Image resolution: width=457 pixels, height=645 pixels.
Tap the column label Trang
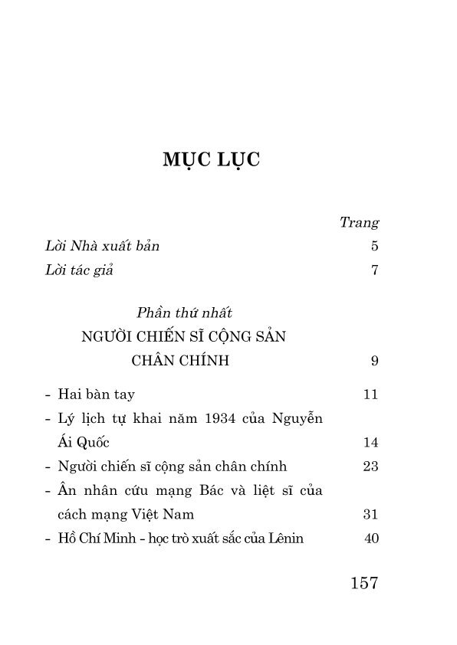pos(359,223)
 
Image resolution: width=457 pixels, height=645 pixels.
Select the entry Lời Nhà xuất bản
pos(102,247)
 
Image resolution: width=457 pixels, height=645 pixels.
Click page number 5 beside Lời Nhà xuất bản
pos(375,247)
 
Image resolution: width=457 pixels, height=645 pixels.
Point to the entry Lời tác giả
pos(79,270)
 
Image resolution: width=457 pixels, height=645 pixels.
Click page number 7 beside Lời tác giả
pos(375,270)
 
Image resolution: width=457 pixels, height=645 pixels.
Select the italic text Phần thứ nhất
pos(184,313)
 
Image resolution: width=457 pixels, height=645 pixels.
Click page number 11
pos(371,395)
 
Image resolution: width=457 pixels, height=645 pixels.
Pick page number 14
pos(371,443)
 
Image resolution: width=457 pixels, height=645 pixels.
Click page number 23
pos(371,467)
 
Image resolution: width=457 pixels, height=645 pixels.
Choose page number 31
pos(371,514)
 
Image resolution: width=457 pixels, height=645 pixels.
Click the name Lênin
pos(286,538)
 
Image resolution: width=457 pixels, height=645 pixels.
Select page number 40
pos(372,538)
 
